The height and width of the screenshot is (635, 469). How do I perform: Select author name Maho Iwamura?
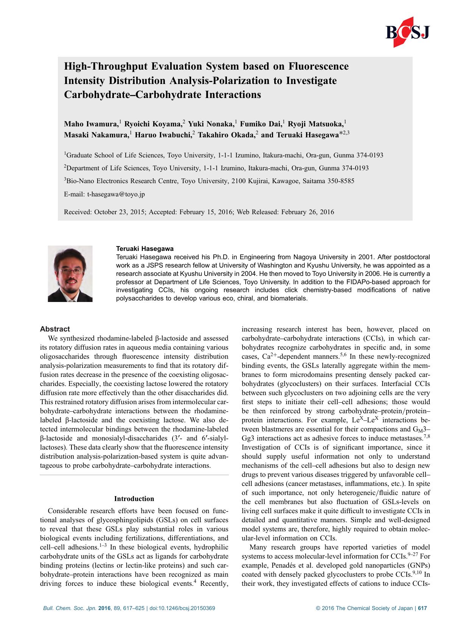pos(91,124)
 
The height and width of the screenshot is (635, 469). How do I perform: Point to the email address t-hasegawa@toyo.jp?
pos(116,195)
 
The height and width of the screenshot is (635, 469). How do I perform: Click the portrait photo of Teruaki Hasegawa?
pos(70,274)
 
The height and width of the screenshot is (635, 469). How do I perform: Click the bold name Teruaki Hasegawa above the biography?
pos(144,249)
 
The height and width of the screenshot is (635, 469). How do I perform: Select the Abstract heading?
pos(55,329)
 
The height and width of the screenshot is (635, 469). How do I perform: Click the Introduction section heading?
pos(134,499)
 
